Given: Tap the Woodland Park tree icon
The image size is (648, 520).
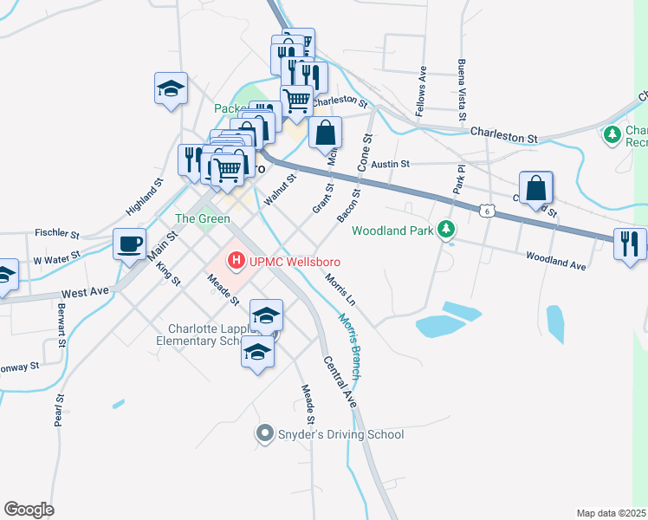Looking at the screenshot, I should tap(446, 230).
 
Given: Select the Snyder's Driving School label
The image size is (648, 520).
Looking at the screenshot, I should tap(339, 434).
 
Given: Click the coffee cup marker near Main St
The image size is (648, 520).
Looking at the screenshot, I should tap(130, 244).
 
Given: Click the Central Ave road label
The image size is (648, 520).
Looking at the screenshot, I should tap(340, 381).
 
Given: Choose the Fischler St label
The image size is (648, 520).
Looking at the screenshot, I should tap(57, 233).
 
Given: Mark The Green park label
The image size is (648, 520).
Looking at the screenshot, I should tap(203, 218).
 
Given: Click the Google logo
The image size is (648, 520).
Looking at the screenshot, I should tap(29, 510).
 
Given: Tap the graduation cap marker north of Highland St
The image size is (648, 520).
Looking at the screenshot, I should tap(171, 88).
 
